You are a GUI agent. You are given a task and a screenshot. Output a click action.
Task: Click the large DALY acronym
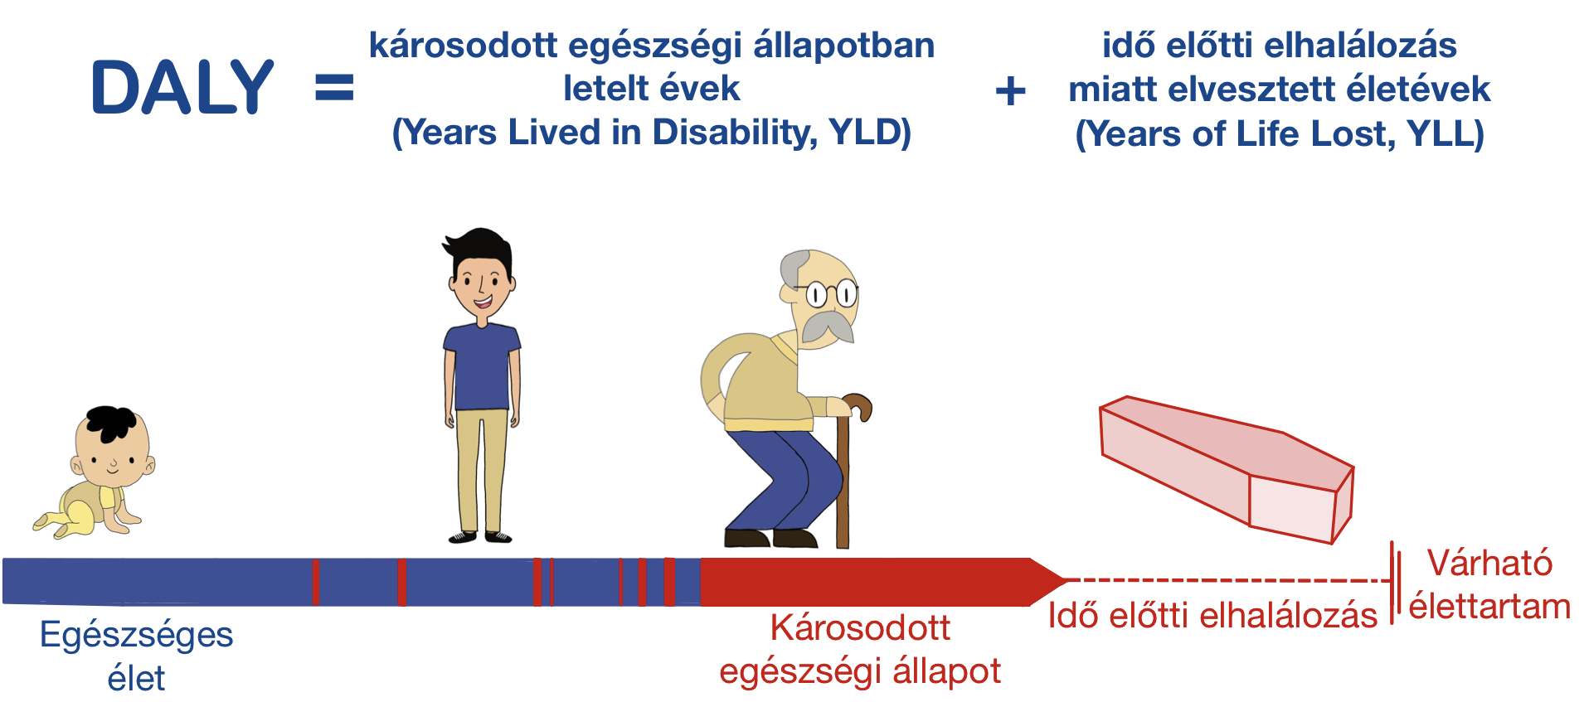pyautogui.click(x=182, y=87)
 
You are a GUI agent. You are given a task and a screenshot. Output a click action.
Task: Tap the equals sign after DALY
pyautogui.click(x=334, y=88)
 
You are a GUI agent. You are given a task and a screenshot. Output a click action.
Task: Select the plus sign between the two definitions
pyautogui.click(x=1010, y=90)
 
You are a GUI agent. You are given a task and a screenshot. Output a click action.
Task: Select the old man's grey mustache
pyautogui.click(x=827, y=327)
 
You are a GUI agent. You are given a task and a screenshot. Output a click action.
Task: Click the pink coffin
pyautogui.click(x=1226, y=468)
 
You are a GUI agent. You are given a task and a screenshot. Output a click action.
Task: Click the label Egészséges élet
pyautogui.click(x=137, y=656)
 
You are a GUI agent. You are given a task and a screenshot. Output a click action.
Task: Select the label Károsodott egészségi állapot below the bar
pyautogui.click(x=860, y=649)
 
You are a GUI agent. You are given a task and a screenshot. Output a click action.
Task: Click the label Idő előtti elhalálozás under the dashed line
pyautogui.click(x=1212, y=616)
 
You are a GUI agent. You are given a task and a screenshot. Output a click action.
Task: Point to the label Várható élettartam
pyautogui.click(x=1489, y=584)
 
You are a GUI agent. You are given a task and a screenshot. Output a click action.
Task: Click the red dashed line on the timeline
pyautogui.click(x=1227, y=580)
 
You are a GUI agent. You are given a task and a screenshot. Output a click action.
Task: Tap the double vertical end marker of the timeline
pyautogui.click(x=1397, y=581)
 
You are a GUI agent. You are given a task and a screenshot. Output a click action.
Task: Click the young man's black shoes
pyautogui.click(x=480, y=537)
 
